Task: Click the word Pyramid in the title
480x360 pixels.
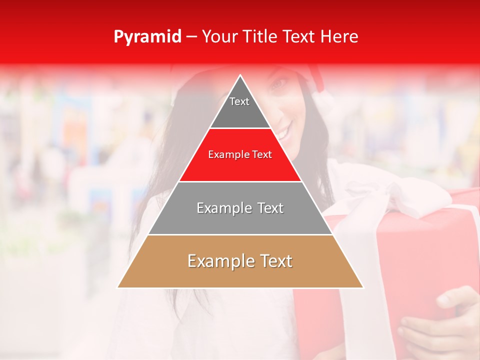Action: [147, 37]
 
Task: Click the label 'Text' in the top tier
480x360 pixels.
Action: [239, 101]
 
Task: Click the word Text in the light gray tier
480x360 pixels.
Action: [268, 208]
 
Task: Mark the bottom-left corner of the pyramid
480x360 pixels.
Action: [118, 287]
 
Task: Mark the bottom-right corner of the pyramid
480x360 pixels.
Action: [363, 287]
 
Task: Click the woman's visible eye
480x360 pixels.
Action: [278, 84]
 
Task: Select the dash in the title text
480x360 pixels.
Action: [191, 37]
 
